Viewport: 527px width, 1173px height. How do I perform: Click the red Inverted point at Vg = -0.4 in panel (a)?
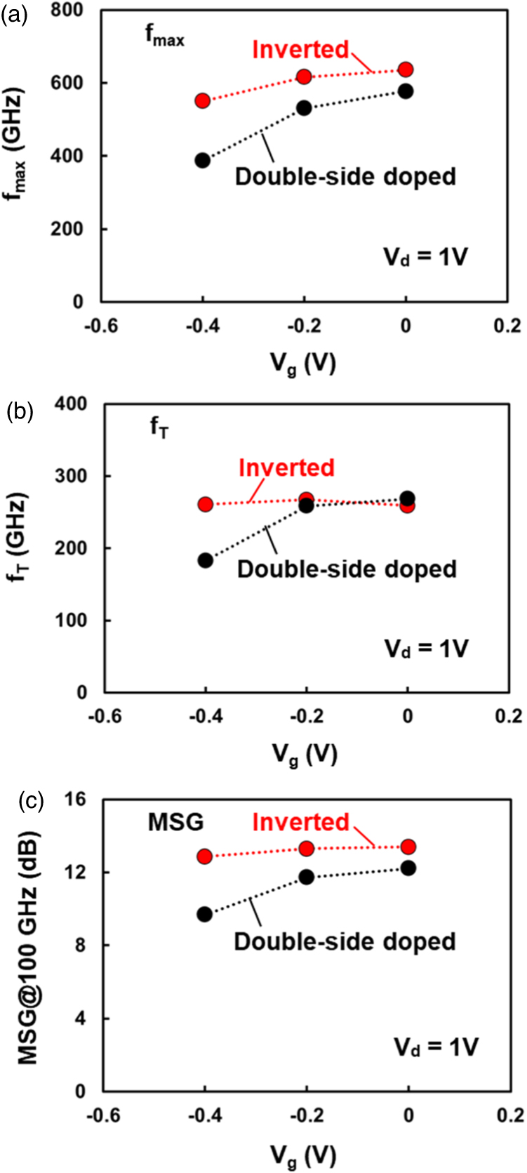click(203, 100)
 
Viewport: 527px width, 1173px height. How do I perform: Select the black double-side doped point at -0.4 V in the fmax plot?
click(203, 160)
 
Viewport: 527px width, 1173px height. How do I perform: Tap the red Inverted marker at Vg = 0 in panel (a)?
click(406, 69)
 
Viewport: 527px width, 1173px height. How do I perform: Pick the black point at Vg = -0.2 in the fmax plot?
click(305, 107)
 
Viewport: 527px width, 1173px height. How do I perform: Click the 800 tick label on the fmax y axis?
click(68, 11)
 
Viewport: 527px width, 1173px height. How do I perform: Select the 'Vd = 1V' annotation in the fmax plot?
click(425, 257)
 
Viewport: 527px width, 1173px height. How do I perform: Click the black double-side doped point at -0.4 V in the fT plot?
click(205, 560)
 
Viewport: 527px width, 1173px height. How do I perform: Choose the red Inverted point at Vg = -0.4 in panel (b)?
click(205, 504)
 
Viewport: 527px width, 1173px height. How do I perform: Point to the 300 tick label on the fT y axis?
click(70, 475)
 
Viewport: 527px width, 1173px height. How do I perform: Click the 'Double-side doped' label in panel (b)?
click(347, 569)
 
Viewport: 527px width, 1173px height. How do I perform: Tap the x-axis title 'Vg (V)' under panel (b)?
click(305, 754)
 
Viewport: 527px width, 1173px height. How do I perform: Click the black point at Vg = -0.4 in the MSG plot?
click(205, 914)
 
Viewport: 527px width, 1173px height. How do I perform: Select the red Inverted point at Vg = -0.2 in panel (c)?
click(306, 849)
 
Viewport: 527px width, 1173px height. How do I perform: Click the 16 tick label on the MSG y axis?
click(75, 800)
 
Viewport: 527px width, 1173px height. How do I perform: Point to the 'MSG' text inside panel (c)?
click(175, 822)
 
